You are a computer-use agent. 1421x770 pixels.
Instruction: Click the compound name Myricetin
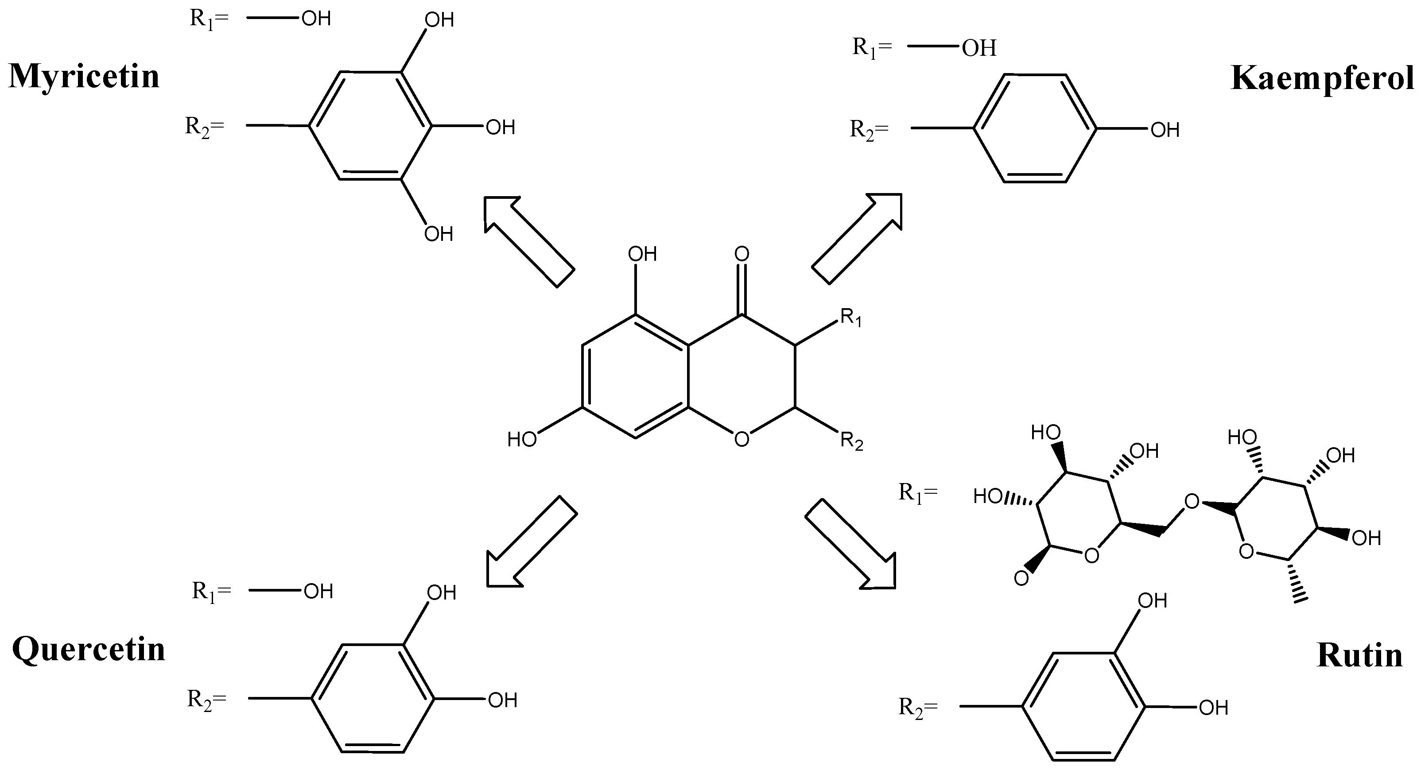pyautogui.click(x=84, y=76)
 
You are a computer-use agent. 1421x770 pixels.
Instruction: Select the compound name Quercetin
pyautogui.click(x=88, y=649)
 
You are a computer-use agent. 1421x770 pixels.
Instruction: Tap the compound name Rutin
pyautogui.click(x=1359, y=656)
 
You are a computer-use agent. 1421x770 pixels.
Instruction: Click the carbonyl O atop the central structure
pyautogui.click(x=742, y=254)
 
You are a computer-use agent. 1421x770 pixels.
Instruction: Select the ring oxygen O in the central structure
pyautogui.click(x=742, y=439)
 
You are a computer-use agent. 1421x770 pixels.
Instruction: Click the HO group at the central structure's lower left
pyautogui.click(x=522, y=440)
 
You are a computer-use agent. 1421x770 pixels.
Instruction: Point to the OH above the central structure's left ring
pyautogui.click(x=643, y=254)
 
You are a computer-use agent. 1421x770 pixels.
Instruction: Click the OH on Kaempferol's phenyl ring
pyautogui.click(x=1165, y=130)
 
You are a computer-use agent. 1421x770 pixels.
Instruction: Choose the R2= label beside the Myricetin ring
pyautogui.click(x=205, y=128)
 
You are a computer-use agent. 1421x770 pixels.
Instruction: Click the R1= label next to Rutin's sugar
pyautogui.click(x=918, y=492)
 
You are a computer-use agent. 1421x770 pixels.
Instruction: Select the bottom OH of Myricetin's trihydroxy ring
pyautogui.click(x=439, y=234)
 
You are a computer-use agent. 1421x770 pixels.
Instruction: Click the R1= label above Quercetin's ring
pyautogui.click(x=211, y=591)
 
